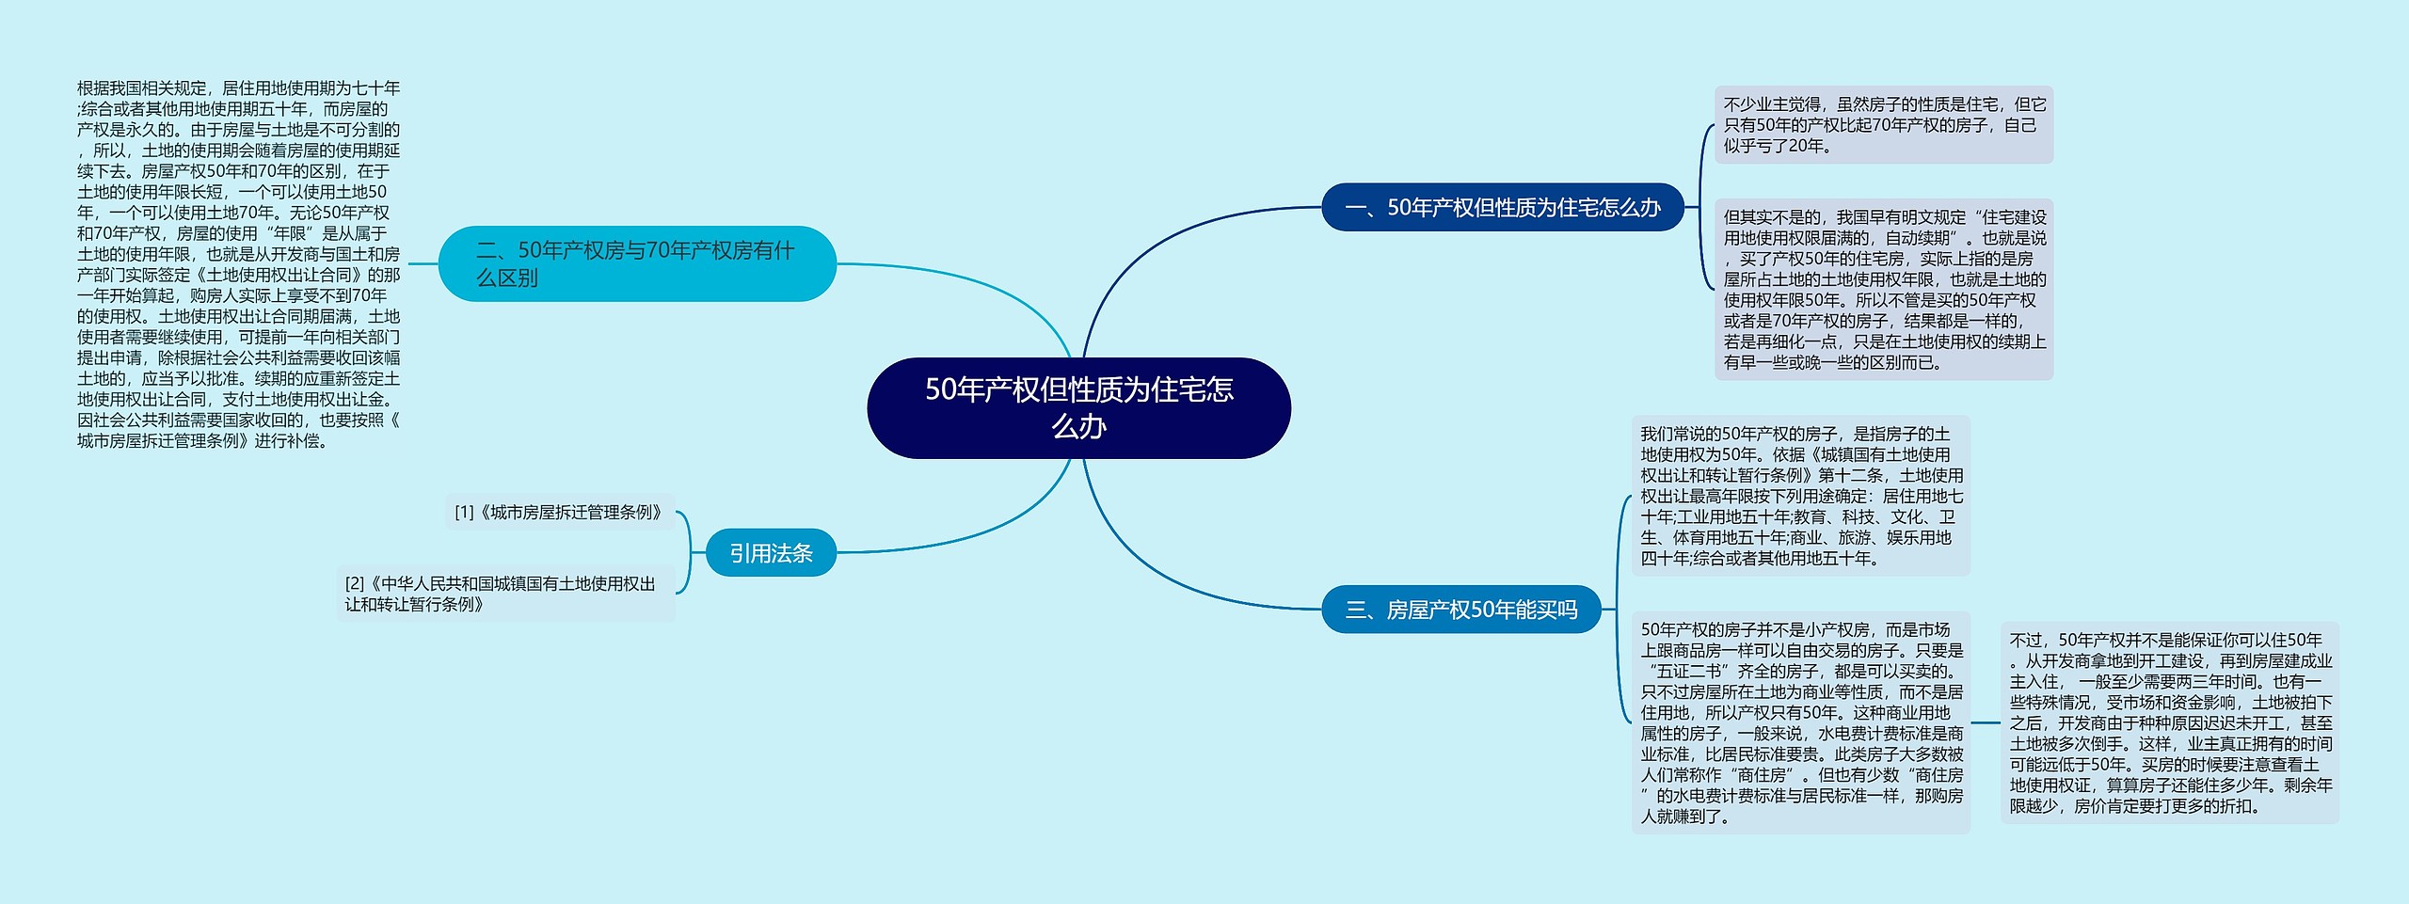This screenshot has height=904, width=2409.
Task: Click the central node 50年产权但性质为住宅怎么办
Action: click(1078, 407)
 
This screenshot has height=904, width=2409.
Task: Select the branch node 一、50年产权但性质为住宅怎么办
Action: click(1503, 207)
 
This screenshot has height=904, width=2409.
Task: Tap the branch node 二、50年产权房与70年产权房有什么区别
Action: click(637, 263)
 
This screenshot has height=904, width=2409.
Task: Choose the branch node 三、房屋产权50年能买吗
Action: click(1461, 610)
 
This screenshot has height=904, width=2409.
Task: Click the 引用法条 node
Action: click(771, 553)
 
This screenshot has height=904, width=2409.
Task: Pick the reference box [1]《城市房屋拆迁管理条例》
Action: click(561, 513)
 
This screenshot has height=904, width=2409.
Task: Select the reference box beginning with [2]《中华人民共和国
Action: click(505, 594)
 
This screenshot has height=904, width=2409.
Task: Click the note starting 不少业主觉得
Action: click(1883, 125)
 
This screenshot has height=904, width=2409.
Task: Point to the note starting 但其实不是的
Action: click(1883, 290)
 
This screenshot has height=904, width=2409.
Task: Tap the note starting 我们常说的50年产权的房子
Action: click(1800, 496)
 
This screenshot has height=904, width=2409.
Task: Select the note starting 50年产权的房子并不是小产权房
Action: click(1800, 722)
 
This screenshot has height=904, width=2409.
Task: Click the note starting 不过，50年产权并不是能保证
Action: click(2169, 722)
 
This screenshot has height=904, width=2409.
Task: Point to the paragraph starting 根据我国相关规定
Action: click(238, 264)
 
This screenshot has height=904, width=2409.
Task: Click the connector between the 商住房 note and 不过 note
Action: click(1986, 722)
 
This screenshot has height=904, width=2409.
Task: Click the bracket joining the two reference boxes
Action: click(689, 553)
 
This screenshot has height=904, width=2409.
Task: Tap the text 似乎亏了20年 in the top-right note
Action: click(1777, 147)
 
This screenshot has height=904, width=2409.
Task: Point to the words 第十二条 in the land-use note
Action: click(1853, 476)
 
